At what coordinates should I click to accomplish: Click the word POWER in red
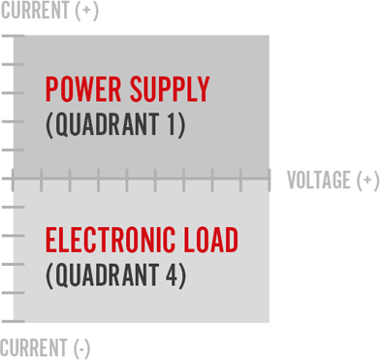pyautogui.click(x=83, y=90)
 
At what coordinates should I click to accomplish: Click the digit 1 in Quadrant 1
pyautogui.click(x=173, y=125)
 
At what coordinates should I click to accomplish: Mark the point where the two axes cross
pyautogui.click(x=14, y=178)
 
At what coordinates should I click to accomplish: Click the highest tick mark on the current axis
pyautogui.click(x=13, y=36)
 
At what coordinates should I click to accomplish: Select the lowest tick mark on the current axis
pyautogui.click(x=13, y=320)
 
